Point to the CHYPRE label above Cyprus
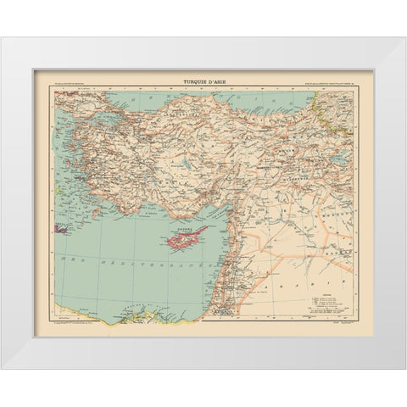(x=184, y=228)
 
